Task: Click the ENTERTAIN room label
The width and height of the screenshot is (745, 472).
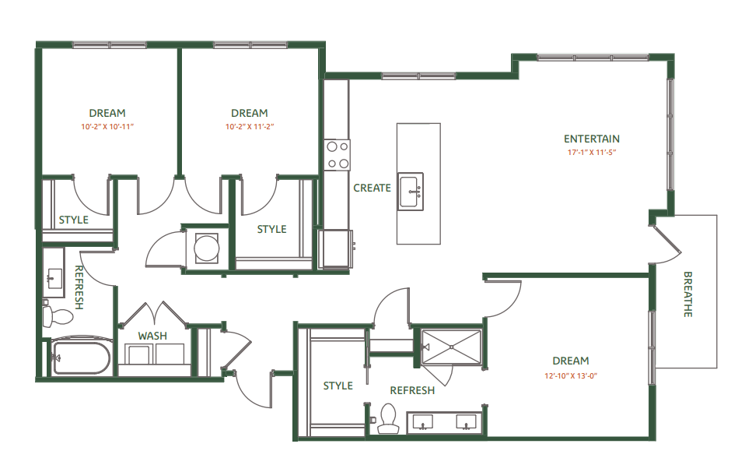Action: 592,139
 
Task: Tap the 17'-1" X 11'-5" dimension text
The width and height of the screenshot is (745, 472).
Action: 592,153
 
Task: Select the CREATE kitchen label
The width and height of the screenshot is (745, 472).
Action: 372,188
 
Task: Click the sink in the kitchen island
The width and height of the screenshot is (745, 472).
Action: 411,192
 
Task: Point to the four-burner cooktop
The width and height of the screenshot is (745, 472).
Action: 338,154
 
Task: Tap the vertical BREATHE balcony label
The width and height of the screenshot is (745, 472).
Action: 687,294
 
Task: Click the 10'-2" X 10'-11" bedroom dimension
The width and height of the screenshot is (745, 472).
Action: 107,126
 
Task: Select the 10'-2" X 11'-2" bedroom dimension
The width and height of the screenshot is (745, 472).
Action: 249,126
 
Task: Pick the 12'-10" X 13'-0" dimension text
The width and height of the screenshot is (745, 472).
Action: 570,375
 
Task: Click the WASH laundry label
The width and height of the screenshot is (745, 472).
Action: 152,336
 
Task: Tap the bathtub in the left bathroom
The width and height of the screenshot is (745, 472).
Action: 81,358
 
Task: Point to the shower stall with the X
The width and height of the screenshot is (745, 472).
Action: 451,346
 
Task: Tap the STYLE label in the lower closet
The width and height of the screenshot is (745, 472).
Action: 338,386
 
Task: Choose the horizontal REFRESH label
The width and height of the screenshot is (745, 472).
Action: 412,390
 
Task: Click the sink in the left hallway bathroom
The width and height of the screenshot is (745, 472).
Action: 54,277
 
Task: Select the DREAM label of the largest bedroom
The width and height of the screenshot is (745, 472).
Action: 570,361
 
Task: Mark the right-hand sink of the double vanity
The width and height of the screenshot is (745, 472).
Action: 467,423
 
